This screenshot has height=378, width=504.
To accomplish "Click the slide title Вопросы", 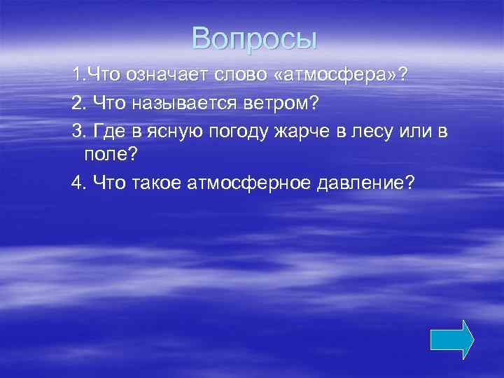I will click(x=255, y=38).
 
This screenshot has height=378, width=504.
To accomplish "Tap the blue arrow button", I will click(x=451, y=340).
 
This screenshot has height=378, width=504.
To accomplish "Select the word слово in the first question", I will click(x=224, y=75).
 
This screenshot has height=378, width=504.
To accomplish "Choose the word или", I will click(x=411, y=132).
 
